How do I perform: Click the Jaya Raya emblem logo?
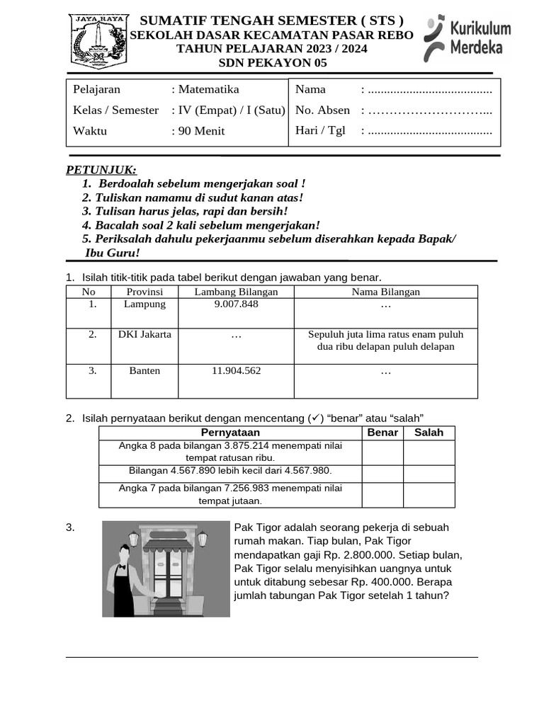pyautogui.click(x=98, y=42)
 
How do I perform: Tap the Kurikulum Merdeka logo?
pyautogui.click(x=467, y=38)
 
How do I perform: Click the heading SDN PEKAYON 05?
pyautogui.click(x=273, y=63)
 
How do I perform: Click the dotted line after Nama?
pyautogui.click(x=430, y=90)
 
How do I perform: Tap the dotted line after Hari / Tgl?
pyautogui.click(x=430, y=131)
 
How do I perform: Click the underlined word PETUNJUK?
pyautogui.click(x=101, y=170)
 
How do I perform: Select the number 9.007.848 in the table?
pyautogui.click(x=236, y=304)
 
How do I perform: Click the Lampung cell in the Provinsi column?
pyautogui.click(x=144, y=304)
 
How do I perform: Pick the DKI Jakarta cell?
pyautogui.click(x=144, y=335)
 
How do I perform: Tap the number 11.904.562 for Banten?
pyautogui.click(x=236, y=371)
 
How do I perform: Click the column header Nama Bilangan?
pyautogui.click(x=385, y=292)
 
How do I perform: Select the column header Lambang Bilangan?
pyautogui.click(x=236, y=292)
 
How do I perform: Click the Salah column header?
pyautogui.click(x=429, y=433)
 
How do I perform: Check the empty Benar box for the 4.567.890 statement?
pyautogui.click(x=382, y=473)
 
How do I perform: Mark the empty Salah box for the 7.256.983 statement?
pyautogui.click(x=429, y=495)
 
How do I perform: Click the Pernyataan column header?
pyautogui.click(x=230, y=433)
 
